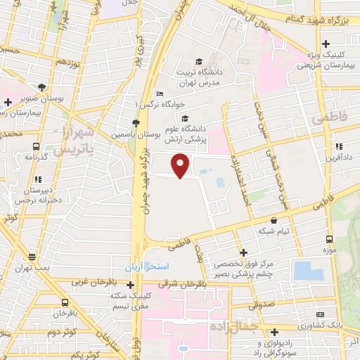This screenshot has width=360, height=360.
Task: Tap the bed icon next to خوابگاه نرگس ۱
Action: click(x=160, y=94)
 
